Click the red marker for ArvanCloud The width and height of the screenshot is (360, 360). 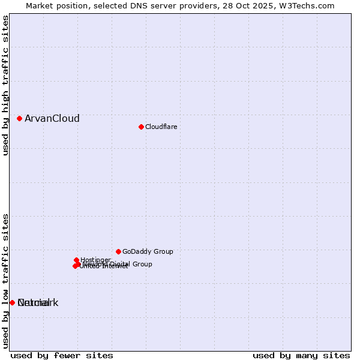[19, 118]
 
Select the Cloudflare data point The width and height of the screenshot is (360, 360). [141, 127]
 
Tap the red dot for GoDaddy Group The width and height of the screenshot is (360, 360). [118, 251]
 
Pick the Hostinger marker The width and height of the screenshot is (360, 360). [76, 260]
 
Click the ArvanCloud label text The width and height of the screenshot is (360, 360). [52, 118]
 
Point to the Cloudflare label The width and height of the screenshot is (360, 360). [161, 127]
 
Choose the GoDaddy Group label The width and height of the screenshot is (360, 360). [148, 251]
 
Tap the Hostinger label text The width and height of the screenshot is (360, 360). [95, 260]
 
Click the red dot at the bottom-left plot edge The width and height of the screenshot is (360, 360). [12, 302]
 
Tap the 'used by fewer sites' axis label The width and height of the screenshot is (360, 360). [62, 355]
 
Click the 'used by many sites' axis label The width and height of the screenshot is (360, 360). [301, 355]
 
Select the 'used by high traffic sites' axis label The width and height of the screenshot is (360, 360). [5, 85]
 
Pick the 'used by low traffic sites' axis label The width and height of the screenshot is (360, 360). [5, 280]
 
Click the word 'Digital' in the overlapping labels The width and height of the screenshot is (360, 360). [122, 264]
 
